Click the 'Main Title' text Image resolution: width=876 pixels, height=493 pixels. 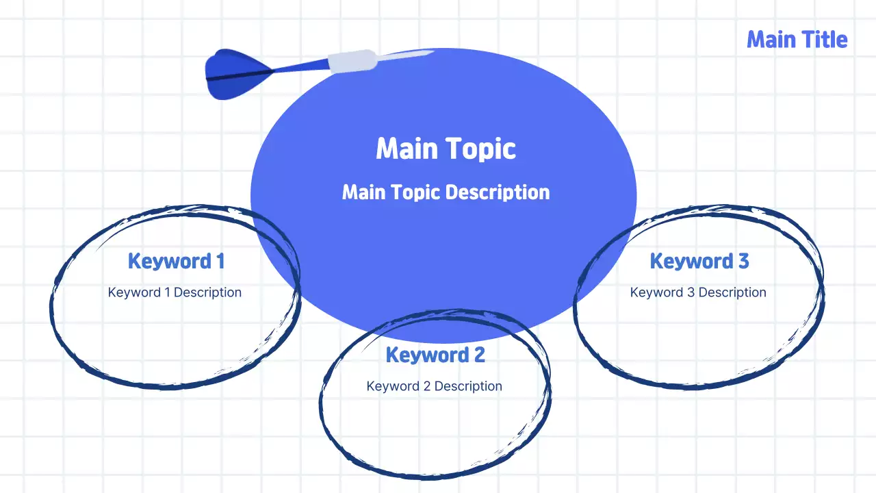pos(797,40)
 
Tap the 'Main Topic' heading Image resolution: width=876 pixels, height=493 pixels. pos(446,149)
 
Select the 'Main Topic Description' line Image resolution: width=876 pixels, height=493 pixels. pos(446,192)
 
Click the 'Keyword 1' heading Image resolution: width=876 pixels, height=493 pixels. pos(176,261)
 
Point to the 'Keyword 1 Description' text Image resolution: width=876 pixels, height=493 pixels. pos(175,292)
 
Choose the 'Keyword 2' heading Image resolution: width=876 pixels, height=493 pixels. pos(435,355)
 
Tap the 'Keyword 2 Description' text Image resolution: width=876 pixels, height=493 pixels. pos(434,386)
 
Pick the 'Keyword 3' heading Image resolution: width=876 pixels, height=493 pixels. pos(699,261)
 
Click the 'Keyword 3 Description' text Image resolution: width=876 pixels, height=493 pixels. pos(698,292)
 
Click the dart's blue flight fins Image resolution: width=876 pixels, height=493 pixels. pos(237,74)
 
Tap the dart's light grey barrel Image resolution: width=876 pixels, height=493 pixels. pos(352,61)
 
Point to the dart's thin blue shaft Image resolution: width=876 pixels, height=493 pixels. pos(300,67)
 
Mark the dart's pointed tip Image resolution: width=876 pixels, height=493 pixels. pos(434,51)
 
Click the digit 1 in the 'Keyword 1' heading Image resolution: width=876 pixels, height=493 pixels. pos(220,261)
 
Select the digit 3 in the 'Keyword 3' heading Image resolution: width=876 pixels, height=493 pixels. pos(743,261)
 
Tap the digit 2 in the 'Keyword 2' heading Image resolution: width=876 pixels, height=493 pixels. pos(480,355)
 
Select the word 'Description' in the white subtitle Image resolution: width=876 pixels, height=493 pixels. pos(498,192)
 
